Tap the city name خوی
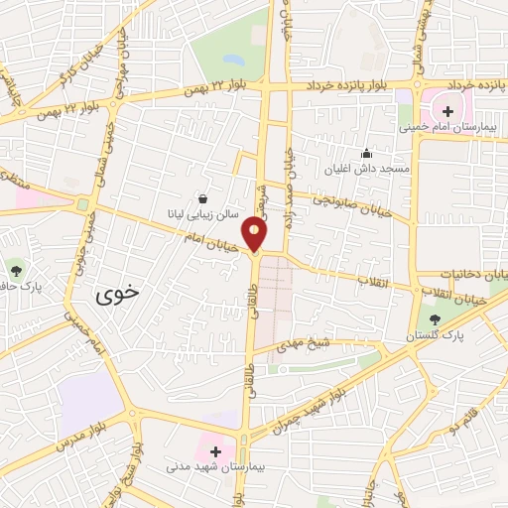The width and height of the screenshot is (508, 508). (x=118, y=295)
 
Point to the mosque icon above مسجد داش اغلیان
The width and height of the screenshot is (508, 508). (x=367, y=153)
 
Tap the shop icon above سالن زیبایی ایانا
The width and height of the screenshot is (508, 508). (x=203, y=198)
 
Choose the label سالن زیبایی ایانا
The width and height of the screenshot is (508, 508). (x=203, y=214)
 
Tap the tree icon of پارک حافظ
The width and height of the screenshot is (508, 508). (x=16, y=268)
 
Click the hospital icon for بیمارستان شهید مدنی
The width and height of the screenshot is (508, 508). (x=215, y=451)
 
